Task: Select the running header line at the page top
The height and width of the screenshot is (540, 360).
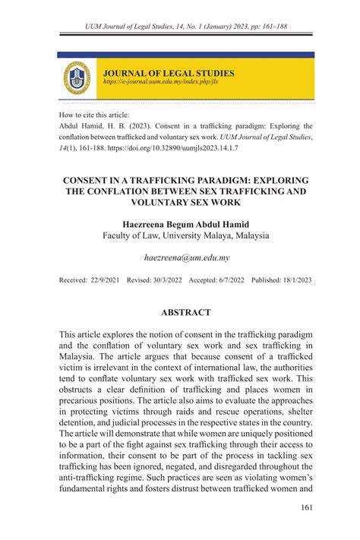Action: click(185, 27)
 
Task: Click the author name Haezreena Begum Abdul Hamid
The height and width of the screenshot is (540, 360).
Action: click(185, 224)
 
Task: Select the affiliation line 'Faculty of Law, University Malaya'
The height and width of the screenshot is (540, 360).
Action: click(185, 236)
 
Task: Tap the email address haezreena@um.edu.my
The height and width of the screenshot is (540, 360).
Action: click(185, 259)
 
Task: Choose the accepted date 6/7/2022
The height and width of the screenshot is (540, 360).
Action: click(229, 280)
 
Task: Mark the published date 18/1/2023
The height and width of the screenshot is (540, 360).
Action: click(294, 280)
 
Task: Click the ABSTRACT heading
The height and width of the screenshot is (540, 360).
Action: click(186, 312)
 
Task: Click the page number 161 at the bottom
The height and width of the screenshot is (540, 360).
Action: click(308, 509)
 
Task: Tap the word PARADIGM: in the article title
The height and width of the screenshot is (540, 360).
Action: click(220, 180)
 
